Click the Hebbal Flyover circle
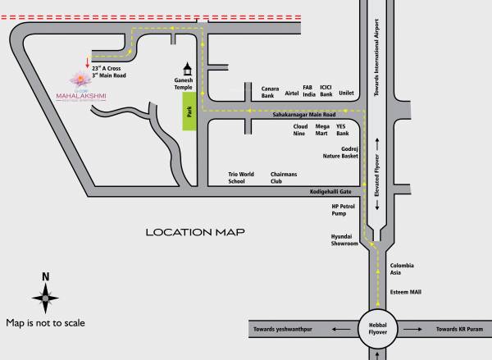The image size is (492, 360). (376, 330)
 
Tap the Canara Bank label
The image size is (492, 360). (272, 92)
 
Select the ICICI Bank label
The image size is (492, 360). (326, 91)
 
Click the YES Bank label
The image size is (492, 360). (343, 130)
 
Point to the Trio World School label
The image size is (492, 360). (242, 178)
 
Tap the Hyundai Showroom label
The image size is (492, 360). (344, 239)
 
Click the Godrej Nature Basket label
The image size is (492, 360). (344, 153)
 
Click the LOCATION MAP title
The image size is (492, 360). (196, 232)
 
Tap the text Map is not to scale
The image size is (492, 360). (46, 322)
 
